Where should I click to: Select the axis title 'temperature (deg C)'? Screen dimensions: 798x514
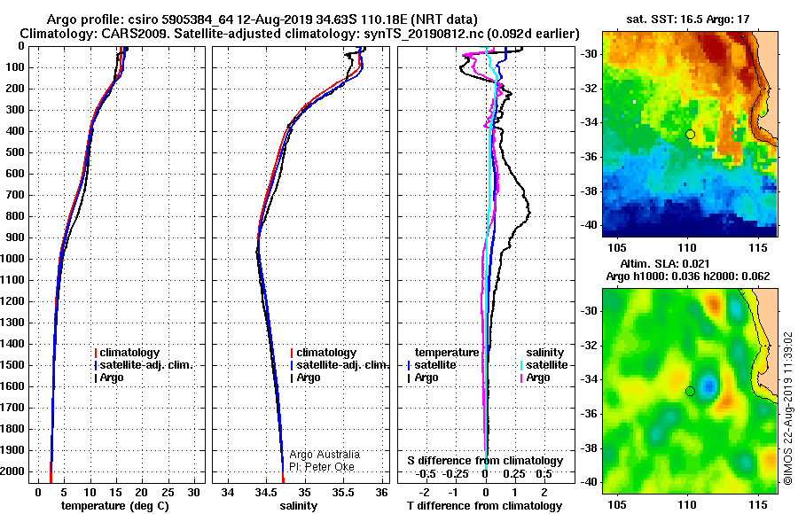point(114,505)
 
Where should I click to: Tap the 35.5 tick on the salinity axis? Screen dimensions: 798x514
point(343,492)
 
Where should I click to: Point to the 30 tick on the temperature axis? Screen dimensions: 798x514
point(193,492)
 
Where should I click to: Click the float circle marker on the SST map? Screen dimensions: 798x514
point(690,135)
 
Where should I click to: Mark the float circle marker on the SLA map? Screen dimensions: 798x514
point(690,392)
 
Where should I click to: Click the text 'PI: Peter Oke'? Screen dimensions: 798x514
point(322,467)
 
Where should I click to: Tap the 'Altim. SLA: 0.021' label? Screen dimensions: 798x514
point(665,263)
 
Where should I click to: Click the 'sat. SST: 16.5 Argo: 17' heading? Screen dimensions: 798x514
point(687,19)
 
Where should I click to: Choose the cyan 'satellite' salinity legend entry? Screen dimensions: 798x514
point(544,365)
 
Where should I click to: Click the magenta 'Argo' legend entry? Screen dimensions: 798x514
point(535,378)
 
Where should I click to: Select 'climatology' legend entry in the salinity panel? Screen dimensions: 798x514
point(323,352)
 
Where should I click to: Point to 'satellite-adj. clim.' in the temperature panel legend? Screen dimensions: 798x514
point(143,365)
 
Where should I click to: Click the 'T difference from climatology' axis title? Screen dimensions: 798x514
point(484,505)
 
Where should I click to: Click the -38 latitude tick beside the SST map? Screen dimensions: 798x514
point(590,191)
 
